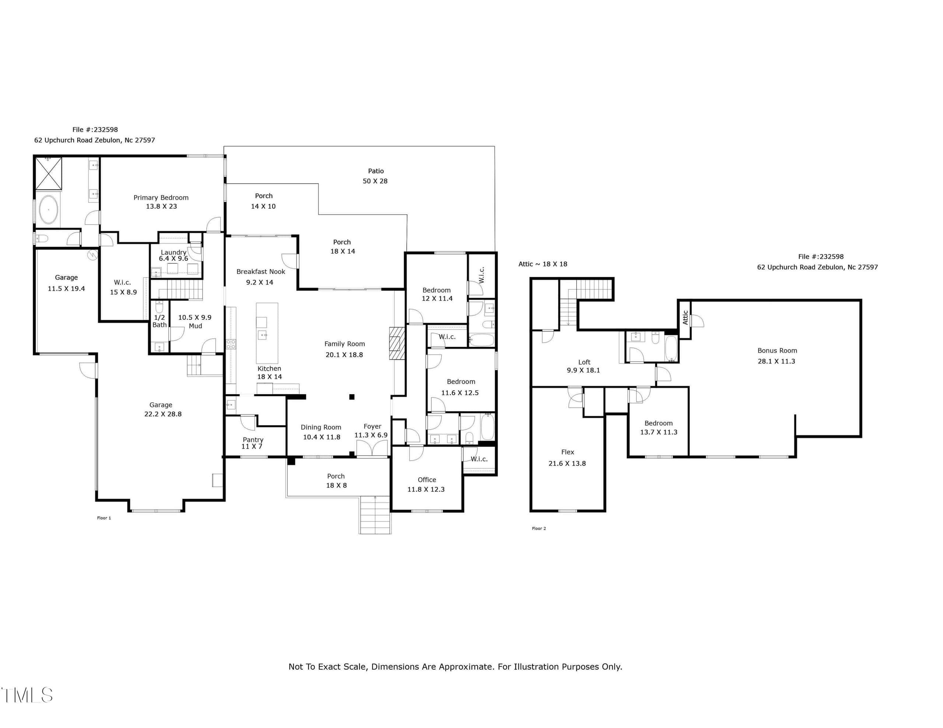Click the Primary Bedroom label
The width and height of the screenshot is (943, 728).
(x=161, y=198)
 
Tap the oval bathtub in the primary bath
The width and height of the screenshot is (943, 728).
(x=48, y=210)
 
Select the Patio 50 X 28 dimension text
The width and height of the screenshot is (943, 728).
(x=375, y=181)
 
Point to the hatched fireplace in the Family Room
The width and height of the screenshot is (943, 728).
(x=397, y=343)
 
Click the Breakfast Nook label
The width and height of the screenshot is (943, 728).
(x=261, y=271)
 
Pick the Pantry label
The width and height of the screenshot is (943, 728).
(x=253, y=439)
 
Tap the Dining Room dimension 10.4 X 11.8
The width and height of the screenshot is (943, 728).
(x=322, y=437)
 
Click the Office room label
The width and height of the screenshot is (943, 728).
(x=427, y=480)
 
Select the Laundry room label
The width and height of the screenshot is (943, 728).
(x=173, y=252)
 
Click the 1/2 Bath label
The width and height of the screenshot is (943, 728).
(x=159, y=321)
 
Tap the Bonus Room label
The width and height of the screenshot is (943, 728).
(x=777, y=351)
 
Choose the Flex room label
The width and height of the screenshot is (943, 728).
(x=567, y=452)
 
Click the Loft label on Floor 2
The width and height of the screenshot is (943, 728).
(x=584, y=362)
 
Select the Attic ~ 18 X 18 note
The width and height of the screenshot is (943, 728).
(x=543, y=264)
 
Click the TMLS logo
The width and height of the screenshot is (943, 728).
(x=27, y=695)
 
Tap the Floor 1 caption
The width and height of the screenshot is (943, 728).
(x=104, y=518)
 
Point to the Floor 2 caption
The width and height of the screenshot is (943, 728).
(x=539, y=528)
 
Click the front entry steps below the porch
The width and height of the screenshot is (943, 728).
(x=375, y=515)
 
